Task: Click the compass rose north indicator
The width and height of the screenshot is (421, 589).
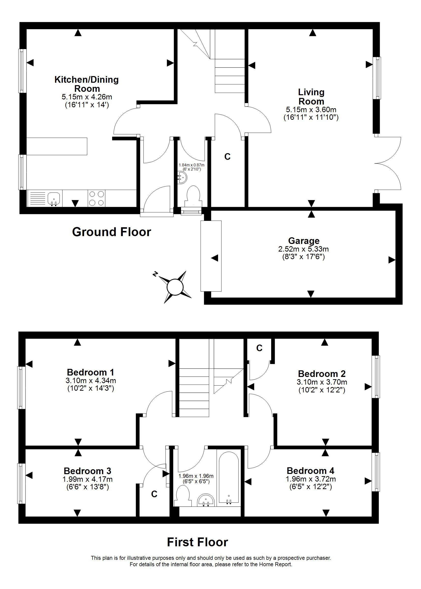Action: (155, 274)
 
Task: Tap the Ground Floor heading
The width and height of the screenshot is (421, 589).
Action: (112, 232)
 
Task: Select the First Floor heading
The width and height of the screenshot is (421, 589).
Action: (197, 542)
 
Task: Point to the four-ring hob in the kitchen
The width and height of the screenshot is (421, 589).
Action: (97, 198)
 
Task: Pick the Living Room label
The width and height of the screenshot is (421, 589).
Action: (311, 97)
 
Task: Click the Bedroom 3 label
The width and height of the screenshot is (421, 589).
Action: (87, 471)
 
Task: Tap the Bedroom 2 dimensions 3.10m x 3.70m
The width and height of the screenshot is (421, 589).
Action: (322, 382)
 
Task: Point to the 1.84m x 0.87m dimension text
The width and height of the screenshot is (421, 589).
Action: (192, 165)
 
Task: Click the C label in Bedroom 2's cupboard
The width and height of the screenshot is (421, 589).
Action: (259, 348)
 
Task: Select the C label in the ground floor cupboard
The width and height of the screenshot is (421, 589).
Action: (227, 156)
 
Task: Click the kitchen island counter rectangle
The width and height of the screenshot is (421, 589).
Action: (57, 146)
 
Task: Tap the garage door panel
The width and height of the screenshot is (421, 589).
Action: (211, 256)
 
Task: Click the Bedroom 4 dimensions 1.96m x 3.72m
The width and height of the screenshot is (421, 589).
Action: (310, 479)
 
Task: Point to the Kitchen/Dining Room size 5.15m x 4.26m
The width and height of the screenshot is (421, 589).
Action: (87, 97)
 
